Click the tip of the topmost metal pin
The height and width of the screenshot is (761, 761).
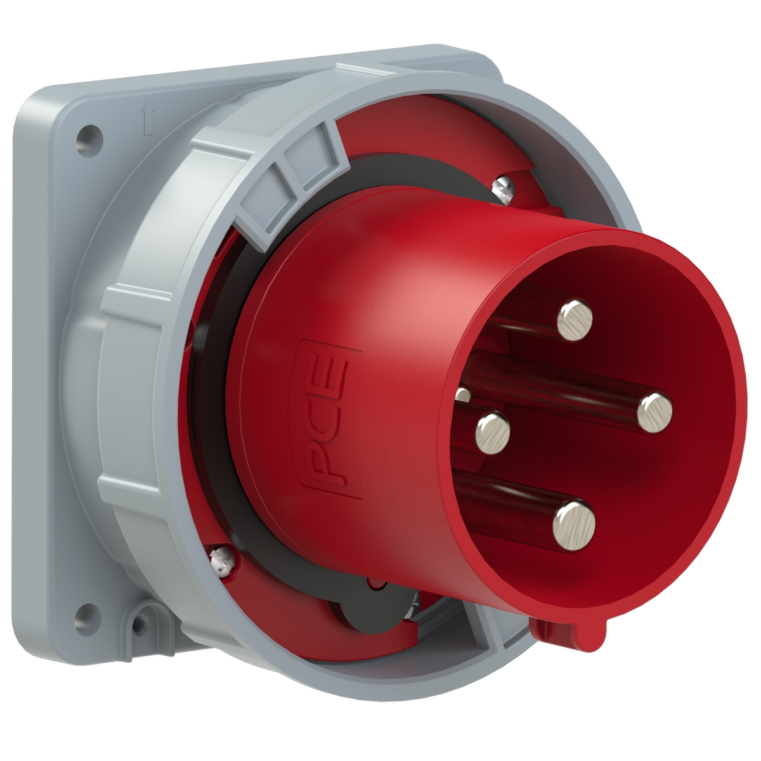(575, 320)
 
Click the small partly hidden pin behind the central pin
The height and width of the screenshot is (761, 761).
(463, 395)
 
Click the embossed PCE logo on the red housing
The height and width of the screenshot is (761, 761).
(331, 419)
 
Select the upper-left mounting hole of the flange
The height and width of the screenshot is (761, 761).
(88, 135)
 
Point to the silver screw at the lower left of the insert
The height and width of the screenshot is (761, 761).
(221, 559)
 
